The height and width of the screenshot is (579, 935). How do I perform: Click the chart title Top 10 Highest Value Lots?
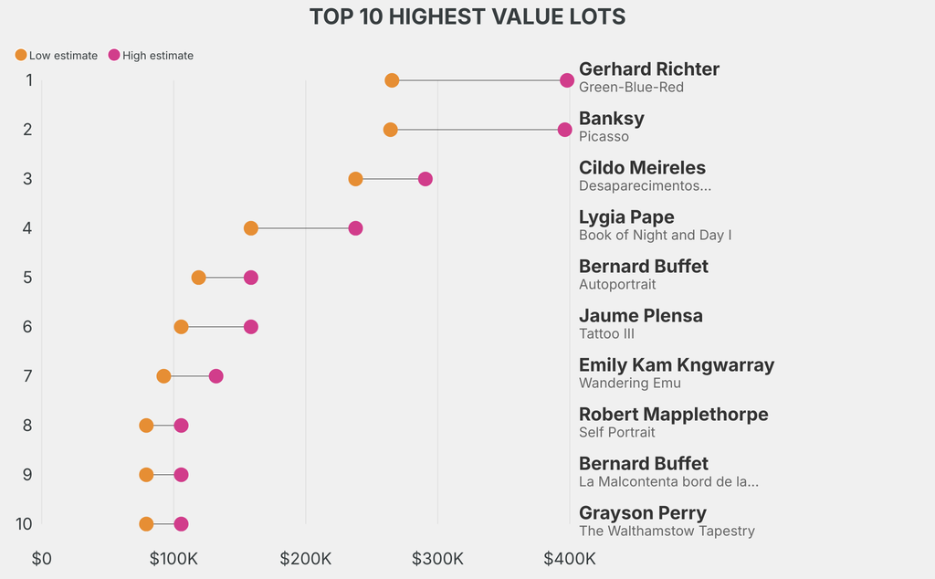467,16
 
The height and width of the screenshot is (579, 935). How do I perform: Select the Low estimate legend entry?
56,56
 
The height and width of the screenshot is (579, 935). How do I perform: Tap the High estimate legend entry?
151,56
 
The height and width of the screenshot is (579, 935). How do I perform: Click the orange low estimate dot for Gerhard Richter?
392,80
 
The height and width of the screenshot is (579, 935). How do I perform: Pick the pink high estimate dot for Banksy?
564,130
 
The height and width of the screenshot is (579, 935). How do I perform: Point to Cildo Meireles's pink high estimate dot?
425,179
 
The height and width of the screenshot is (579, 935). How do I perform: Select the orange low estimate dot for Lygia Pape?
251,228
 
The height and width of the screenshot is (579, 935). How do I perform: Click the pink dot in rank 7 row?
215,376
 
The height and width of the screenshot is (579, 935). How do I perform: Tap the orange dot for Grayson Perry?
146,524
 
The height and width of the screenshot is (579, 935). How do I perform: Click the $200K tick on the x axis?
306,558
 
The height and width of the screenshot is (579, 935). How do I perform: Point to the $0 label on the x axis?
42,558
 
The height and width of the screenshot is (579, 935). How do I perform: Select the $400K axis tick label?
570,558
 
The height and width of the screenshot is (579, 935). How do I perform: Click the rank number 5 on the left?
28,278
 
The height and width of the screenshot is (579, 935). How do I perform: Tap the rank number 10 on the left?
25,524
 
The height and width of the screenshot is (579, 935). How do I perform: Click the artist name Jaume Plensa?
640,316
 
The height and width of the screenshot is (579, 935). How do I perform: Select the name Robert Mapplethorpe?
673,415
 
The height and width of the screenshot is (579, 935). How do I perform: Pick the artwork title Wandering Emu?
629,384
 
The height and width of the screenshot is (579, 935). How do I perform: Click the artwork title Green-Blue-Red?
631,88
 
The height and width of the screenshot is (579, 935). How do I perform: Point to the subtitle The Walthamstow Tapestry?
667,532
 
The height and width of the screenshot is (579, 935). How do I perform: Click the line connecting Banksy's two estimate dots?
478,130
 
